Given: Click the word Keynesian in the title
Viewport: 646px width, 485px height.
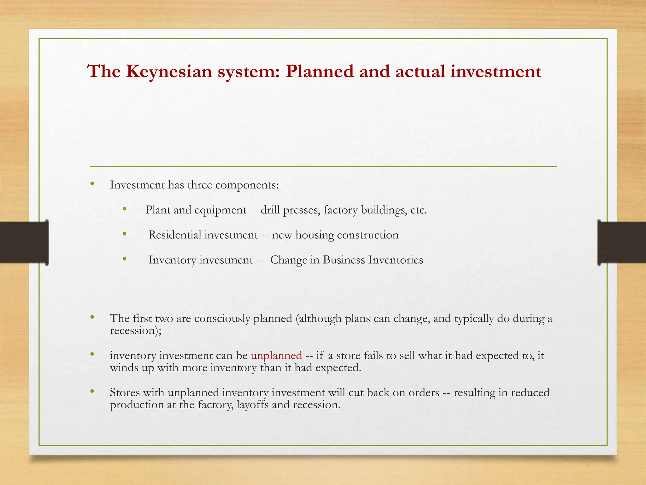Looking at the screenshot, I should click(169, 72).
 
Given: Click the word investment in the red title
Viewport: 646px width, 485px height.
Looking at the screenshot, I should click(496, 72).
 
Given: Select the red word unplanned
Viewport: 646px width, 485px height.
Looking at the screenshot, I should click(276, 356).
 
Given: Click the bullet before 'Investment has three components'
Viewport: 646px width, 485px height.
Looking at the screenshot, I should click(92, 184).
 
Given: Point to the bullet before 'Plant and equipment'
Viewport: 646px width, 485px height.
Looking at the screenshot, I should click(125, 209).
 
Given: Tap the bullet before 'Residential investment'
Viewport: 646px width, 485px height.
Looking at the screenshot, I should click(125, 234).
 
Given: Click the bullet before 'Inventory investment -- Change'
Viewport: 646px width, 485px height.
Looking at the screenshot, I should click(125, 259).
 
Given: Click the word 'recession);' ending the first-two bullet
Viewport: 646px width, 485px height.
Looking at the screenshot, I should click(136, 331).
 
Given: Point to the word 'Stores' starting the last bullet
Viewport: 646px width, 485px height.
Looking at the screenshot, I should click(125, 392).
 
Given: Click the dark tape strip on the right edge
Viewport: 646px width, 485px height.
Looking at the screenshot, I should click(621, 242).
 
